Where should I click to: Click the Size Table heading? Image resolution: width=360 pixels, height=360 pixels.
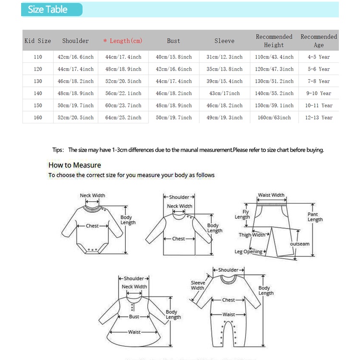pyautogui.click(x=48, y=10)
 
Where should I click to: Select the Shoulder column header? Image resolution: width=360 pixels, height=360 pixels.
pyautogui.click(x=75, y=41)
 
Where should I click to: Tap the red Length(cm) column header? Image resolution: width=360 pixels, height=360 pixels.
pyautogui.click(x=123, y=41)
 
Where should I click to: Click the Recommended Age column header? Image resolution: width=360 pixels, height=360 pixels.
pyautogui.click(x=319, y=41)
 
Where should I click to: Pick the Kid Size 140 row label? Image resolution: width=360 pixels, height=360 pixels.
pyautogui.click(x=38, y=93)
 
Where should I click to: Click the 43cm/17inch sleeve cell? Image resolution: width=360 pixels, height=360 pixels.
pyautogui.click(x=224, y=93)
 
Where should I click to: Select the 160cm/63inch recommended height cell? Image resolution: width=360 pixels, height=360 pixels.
pyautogui.click(x=274, y=118)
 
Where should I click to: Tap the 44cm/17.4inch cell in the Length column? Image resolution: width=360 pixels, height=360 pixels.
pyautogui.click(x=123, y=57)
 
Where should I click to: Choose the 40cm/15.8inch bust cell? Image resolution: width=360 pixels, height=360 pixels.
pyautogui.click(x=174, y=57)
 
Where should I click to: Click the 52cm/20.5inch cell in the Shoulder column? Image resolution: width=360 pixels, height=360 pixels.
pyautogui.click(x=75, y=118)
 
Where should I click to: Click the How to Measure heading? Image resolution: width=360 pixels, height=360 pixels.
pyautogui.click(x=75, y=165)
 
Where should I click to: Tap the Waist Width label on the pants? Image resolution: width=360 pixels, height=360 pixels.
pyautogui.click(x=271, y=195)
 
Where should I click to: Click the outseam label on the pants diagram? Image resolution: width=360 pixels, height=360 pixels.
pyautogui.click(x=300, y=244)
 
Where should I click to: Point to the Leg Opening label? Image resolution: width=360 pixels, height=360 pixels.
pyautogui.click(x=248, y=252)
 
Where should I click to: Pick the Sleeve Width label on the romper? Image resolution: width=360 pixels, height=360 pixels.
pyautogui.click(x=198, y=285)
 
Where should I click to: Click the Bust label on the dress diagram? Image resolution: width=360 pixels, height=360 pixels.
pyautogui.click(x=134, y=317)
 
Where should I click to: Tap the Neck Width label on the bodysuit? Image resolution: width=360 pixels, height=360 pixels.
pyautogui.click(x=92, y=195)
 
